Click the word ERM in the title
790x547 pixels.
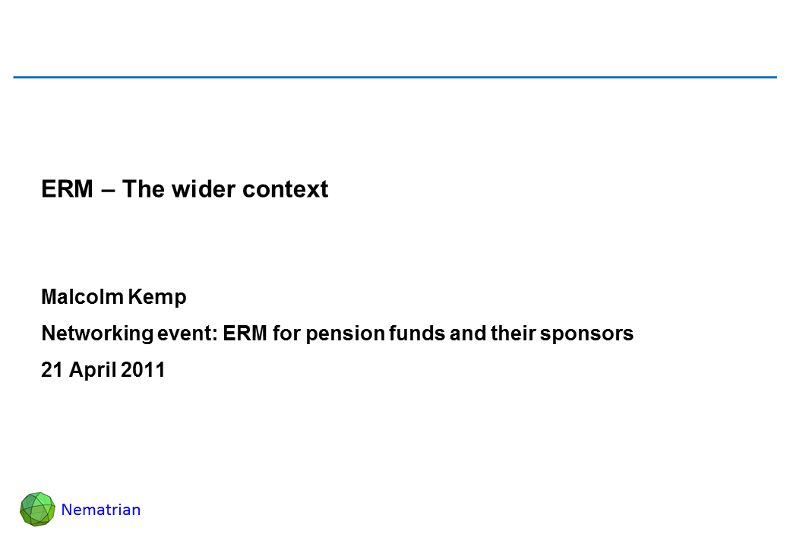pos(67,189)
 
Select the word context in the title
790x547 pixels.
pos(285,189)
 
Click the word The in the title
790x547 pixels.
pos(143,189)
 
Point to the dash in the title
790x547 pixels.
pos(107,191)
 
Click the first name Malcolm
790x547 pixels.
pos(83,296)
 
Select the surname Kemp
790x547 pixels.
pos(157,298)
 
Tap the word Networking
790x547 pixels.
pos(97,334)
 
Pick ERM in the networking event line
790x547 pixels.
pos(245,334)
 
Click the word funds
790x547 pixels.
pos(417,334)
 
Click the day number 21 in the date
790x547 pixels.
pos(52,370)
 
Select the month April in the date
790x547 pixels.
pos(93,371)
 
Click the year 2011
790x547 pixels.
pos(143,370)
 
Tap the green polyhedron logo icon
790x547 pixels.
pos(37,509)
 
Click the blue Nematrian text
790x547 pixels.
pos(101,510)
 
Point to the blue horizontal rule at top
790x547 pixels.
pos(395,77)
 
